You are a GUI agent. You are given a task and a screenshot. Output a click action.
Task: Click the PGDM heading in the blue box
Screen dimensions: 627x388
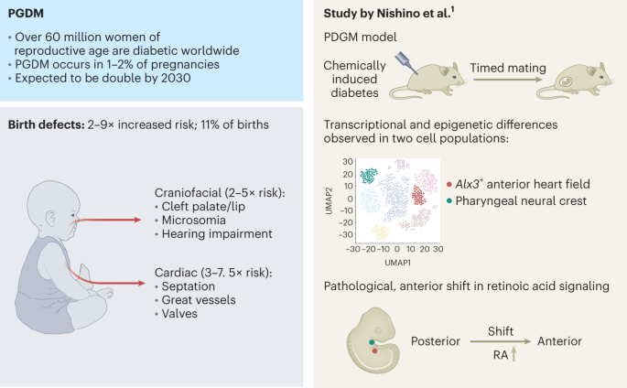[x=26, y=13]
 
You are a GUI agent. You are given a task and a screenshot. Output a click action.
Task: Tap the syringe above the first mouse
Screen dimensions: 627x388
[x=406, y=63]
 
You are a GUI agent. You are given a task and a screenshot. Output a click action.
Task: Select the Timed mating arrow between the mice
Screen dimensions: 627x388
[x=507, y=80]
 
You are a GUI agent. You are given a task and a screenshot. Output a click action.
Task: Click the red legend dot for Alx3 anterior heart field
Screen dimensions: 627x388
[x=449, y=184]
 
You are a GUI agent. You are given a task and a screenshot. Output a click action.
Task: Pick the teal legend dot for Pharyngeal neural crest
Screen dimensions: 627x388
[x=449, y=200]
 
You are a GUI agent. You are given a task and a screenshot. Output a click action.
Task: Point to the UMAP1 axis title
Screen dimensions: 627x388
[x=397, y=263]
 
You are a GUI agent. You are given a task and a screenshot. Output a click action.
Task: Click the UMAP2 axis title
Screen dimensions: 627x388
[x=330, y=200]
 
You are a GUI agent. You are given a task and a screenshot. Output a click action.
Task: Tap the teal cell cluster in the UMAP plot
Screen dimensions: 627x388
[x=369, y=176]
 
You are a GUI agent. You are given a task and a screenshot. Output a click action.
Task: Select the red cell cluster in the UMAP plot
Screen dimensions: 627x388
[x=418, y=196]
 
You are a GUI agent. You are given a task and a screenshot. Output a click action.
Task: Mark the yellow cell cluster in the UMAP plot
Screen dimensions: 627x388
[x=381, y=232]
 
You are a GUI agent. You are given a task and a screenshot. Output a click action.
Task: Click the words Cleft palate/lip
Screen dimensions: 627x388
[x=203, y=207]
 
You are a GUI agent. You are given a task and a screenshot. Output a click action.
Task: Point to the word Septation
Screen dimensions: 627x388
[x=188, y=286]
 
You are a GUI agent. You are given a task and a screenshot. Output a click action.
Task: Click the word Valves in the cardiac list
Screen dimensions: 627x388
[x=179, y=314]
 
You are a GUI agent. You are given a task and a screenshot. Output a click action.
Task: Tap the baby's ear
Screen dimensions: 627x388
[x=51, y=219]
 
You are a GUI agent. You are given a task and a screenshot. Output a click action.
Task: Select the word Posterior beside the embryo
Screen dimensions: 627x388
[x=436, y=341]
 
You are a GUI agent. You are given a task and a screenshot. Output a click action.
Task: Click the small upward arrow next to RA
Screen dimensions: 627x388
[x=513, y=354]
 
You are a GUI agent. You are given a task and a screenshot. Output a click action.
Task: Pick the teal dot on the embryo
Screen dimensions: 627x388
[x=372, y=342]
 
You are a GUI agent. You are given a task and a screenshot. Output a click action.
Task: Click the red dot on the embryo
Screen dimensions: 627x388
[x=374, y=350]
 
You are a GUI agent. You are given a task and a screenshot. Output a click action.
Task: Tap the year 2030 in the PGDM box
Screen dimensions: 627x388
[x=176, y=78]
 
